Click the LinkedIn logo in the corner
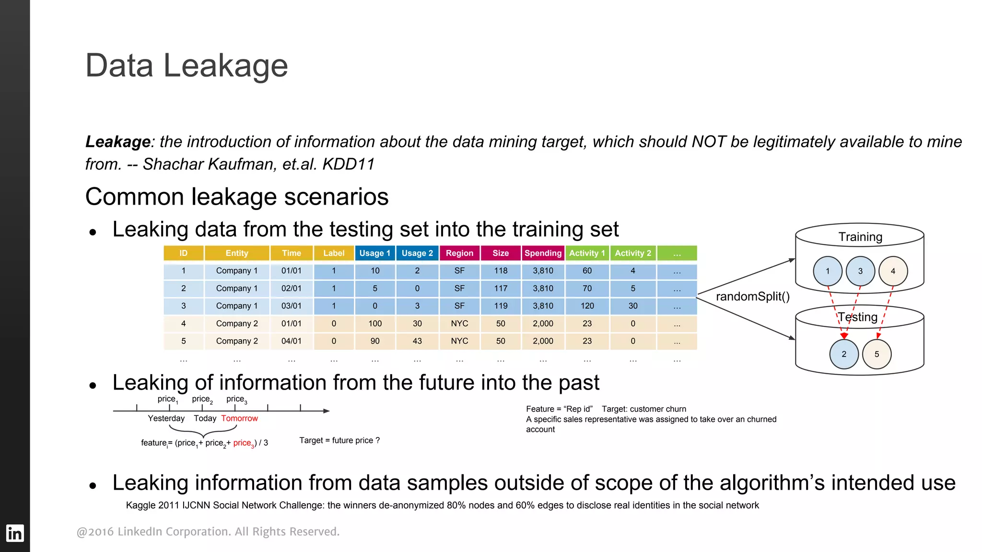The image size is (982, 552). pyautogui.click(x=14, y=533)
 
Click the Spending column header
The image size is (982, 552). pyautogui.click(x=543, y=253)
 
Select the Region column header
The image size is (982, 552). pyautogui.click(x=459, y=253)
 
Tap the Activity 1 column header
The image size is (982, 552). pyautogui.click(x=587, y=253)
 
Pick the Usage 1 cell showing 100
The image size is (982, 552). pyautogui.click(x=375, y=323)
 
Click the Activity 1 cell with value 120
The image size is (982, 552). pyautogui.click(x=587, y=306)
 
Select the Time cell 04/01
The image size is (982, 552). pyautogui.click(x=291, y=341)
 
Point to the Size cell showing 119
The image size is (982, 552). pyautogui.click(x=501, y=306)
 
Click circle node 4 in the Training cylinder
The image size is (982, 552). pyautogui.click(x=893, y=271)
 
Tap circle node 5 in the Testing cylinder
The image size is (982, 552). pyautogui.click(x=877, y=354)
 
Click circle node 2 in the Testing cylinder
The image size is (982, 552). pyautogui.click(x=844, y=354)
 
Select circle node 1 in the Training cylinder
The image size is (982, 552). pyautogui.click(x=828, y=271)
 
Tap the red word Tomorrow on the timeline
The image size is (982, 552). pyautogui.click(x=239, y=418)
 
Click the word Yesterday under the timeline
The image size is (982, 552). pyautogui.click(x=166, y=418)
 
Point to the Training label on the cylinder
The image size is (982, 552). pyautogui.click(x=860, y=237)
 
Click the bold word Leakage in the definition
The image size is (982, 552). pyautogui.click(x=118, y=142)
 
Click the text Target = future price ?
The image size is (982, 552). pyautogui.click(x=339, y=440)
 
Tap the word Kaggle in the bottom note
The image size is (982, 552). pyautogui.click(x=140, y=505)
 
